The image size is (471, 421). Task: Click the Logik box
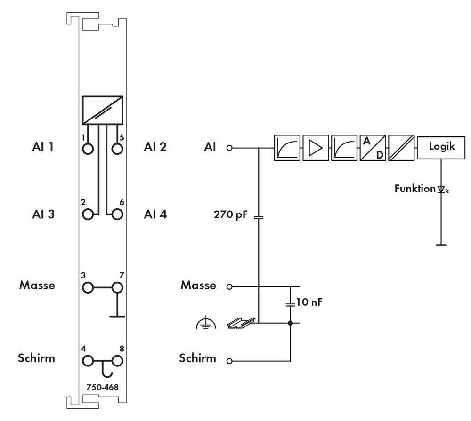(x=441, y=147)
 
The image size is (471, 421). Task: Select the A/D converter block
(x=373, y=147)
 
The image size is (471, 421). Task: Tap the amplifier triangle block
(x=316, y=147)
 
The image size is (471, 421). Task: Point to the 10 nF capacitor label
(x=310, y=302)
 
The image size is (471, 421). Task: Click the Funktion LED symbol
(x=441, y=189)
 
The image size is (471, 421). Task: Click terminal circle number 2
(x=88, y=214)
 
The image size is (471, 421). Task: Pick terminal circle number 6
(x=117, y=214)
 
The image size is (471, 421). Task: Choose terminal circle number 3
(x=88, y=287)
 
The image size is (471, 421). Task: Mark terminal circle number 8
(x=117, y=361)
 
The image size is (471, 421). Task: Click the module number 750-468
(x=102, y=387)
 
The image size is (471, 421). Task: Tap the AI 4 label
(x=155, y=214)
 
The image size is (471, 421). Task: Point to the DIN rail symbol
(x=241, y=322)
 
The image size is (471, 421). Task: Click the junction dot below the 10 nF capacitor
(x=290, y=323)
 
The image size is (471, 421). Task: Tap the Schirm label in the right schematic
(x=197, y=358)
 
